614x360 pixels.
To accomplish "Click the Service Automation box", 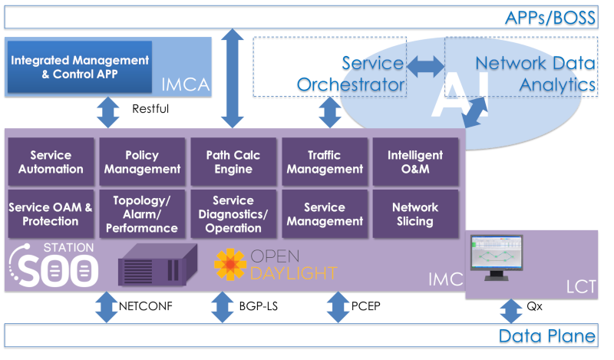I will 51,162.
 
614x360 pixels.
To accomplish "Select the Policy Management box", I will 142,162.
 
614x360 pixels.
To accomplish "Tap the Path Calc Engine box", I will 233,162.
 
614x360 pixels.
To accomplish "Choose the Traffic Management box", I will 324,162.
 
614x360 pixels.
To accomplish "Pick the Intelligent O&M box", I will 415,162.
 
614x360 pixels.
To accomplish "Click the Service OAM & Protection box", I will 51,214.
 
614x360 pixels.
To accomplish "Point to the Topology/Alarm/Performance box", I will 142,214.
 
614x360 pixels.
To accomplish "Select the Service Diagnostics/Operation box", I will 233,214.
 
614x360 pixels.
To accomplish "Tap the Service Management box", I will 324,214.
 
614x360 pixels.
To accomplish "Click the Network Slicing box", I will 415,214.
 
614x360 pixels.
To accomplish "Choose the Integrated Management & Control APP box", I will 80,67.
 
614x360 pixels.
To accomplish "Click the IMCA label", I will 185,84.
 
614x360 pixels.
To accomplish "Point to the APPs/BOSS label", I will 550,18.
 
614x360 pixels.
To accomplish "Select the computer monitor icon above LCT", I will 495,261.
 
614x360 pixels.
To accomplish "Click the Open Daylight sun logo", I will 229,265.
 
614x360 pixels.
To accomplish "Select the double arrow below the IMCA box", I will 107,112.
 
